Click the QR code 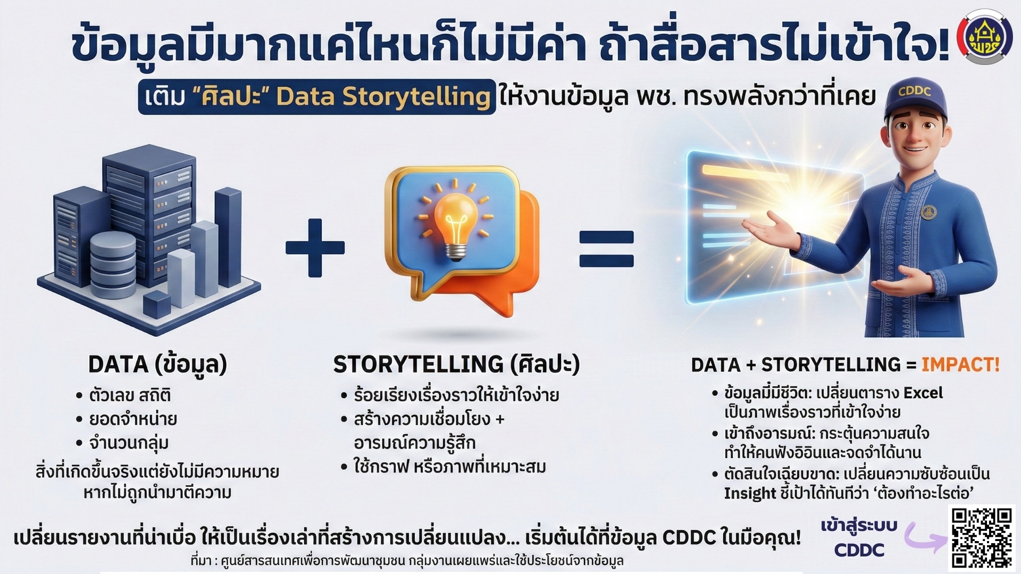[982, 537]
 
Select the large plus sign [315, 248]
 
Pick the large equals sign [607, 249]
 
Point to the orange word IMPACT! [960, 365]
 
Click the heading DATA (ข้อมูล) [157, 365]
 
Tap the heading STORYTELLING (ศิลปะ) [456, 365]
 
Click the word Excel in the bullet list [923, 393]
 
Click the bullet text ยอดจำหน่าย [133, 419]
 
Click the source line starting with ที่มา [407, 561]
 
